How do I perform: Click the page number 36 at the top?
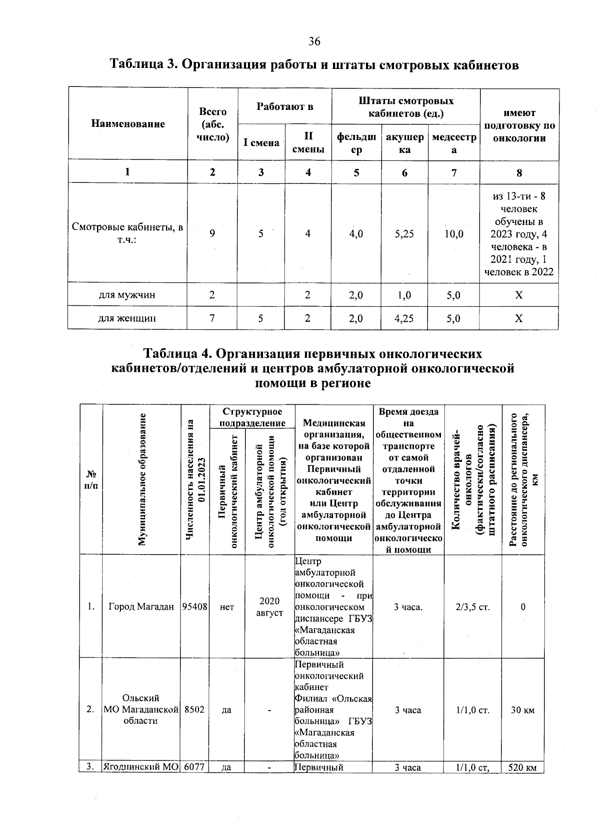pos(314,41)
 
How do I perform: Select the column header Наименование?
pos(128,124)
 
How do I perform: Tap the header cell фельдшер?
pos(356,143)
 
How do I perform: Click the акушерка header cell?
pos(404,143)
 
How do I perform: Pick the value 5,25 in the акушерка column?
pos(404,233)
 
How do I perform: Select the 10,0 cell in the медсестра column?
pos(453,233)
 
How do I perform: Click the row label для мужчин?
pos(127,295)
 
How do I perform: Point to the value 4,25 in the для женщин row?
pos(404,318)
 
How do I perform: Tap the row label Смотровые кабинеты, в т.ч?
pos(127,233)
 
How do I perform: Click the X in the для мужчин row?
pos(519,295)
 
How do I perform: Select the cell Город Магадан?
pos(141,607)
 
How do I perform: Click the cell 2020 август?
pos(270,607)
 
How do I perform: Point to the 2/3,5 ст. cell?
pos(472,607)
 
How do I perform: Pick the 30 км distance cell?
pos(522,710)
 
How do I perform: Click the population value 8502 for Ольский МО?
pos(194,710)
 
